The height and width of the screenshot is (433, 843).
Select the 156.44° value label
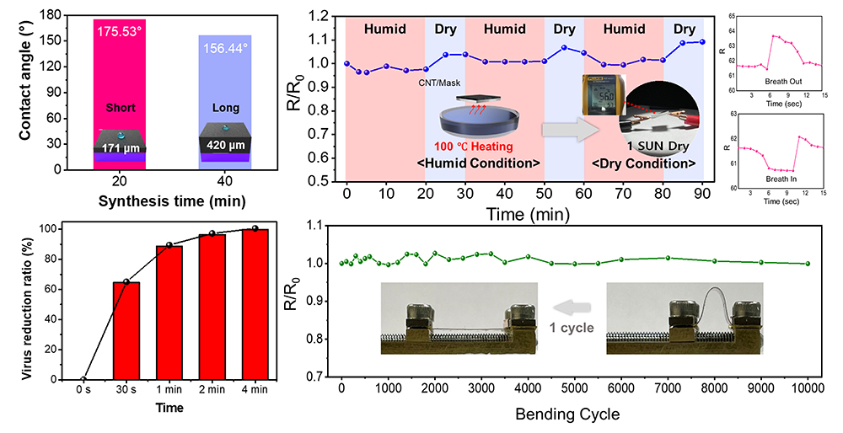223,49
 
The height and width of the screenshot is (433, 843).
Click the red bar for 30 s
126,330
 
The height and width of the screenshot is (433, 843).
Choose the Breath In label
781,192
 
